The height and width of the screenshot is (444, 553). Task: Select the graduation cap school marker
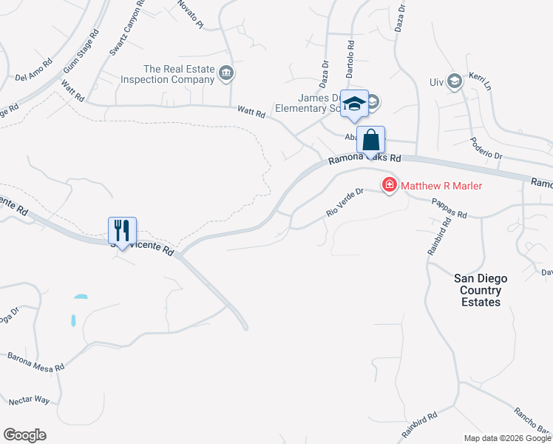click(x=354, y=104)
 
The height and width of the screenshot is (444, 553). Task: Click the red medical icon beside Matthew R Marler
click(x=389, y=185)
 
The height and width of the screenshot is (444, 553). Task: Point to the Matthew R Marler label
click(x=441, y=186)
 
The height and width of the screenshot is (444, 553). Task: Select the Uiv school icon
click(x=456, y=81)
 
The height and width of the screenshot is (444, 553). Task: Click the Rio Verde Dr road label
click(x=345, y=203)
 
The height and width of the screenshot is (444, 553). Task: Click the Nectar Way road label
click(x=29, y=400)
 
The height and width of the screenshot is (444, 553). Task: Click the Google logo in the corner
click(x=24, y=435)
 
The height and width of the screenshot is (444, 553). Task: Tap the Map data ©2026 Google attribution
click(x=507, y=438)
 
